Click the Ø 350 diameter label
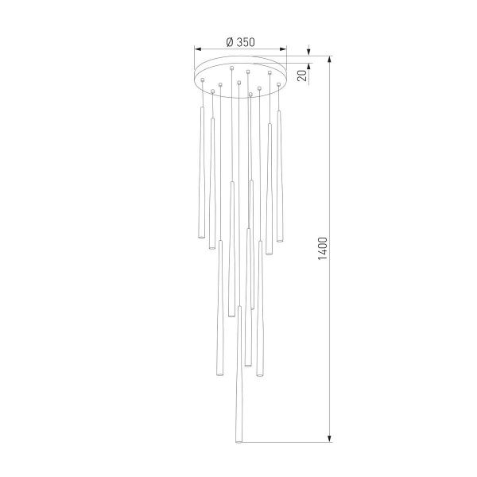tap(239, 42)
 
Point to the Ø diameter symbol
tap(229, 42)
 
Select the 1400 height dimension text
tap(322, 249)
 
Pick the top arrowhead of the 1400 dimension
tap(330, 60)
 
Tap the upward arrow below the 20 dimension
tap(309, 89)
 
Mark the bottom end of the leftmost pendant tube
tap(200, 238)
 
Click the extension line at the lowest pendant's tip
tap(286, 443)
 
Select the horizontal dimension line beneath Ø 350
tap(239, 50)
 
